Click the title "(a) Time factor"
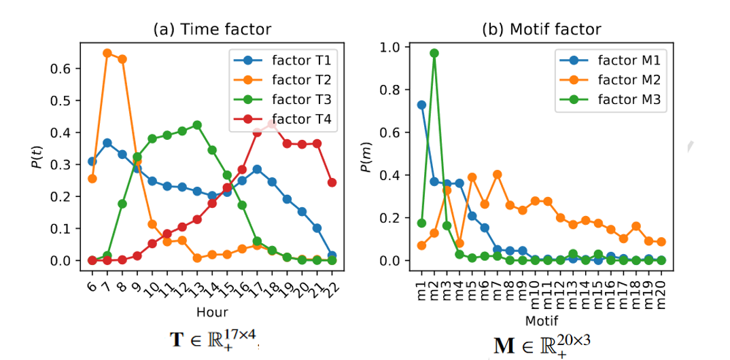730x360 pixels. pos(211,29)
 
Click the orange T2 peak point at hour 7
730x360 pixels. pos(107,52)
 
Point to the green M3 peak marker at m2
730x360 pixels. pos(434,53)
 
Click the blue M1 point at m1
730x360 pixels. pos(421,105)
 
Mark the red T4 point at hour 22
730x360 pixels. pos(332,182)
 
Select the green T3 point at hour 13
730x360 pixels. pos(197,125)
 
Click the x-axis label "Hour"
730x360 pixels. pos(212,312)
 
